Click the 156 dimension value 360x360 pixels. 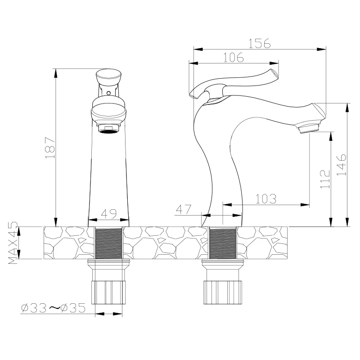point(260,43)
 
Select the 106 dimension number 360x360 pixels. point(233,57)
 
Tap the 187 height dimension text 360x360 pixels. point(50,148)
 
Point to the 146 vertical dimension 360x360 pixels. point(341,165)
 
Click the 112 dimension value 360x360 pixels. point(325,179)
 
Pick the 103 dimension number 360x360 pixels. point(266,199)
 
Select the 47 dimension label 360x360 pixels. point(184,209)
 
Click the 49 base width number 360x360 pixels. point(109,214)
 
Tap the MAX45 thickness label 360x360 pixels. point(13,243)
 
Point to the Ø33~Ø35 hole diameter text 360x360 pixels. point(53,308)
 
